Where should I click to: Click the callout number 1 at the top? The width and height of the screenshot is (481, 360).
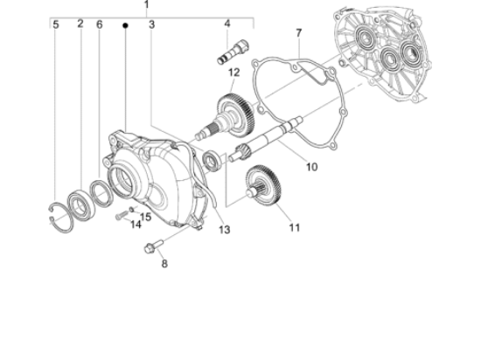point(146,5)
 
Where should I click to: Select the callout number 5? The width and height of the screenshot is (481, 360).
point(55,24)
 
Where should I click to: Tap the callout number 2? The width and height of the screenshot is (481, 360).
point(80,24)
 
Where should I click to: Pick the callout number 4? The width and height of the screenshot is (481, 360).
point(227,24)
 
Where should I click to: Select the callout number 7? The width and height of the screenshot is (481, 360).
point(298,33)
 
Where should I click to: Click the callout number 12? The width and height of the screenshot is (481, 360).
point(234,72)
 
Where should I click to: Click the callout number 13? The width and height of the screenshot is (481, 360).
point(225,230)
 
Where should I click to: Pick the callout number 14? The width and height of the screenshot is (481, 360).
point(136,225)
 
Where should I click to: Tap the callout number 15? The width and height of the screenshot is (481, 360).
point(145,217)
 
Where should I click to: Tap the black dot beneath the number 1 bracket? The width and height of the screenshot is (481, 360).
point(125,26)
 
